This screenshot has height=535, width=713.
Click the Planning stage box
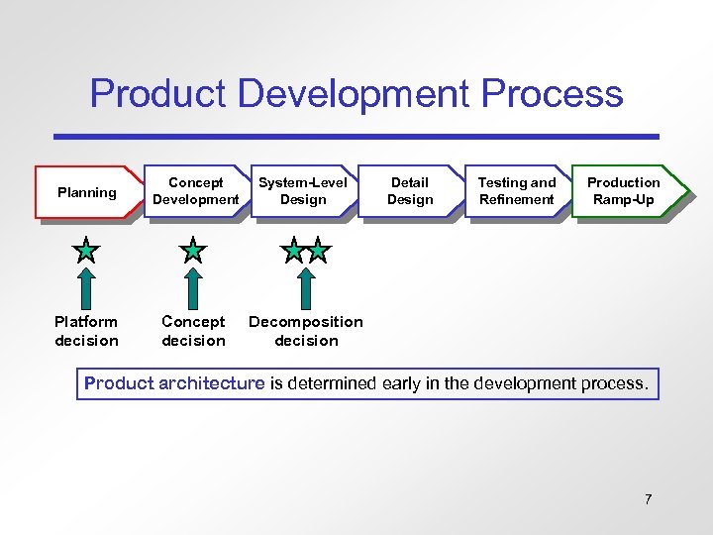(x=87, y=192)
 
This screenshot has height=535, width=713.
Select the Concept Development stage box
(x=196, y=191)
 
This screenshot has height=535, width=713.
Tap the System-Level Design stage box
(x=303, y=191)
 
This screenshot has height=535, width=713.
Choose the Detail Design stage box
(x=410, y=191)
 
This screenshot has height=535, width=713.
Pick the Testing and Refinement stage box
(x=517, y=191)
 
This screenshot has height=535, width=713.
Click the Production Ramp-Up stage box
(x=624, y=191)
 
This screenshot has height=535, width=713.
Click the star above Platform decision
(x=87, y=251)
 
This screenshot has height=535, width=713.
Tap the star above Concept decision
(x=194, y=251)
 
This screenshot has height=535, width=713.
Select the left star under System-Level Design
(x=293, y=251)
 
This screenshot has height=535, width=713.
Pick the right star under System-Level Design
(x=318, y=251)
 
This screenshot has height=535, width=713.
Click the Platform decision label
(x=87, y=331)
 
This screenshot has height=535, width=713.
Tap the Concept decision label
(x=194, y=331)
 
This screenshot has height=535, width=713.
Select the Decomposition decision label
(x=306, y=331)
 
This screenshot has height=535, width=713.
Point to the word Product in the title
(x=158, y=94)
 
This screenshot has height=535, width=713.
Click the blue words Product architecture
(x=174, y=383)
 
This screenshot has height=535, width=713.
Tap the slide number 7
(x=648, y=499)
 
